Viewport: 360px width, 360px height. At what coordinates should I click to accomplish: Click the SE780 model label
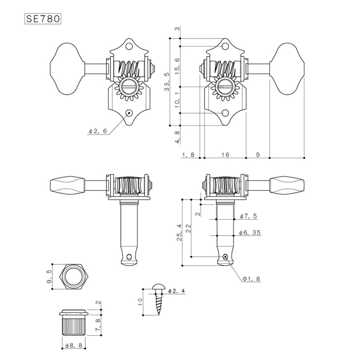click(x=43, y=19)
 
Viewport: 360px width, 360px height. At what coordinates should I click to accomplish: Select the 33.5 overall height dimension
click(x=167, y=82)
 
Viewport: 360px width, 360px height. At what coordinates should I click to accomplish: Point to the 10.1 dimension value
click(x=177, y=100)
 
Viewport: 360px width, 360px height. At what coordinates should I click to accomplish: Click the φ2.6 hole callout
click(x=98, y=131)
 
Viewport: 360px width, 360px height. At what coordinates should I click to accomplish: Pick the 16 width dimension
click(x=225, y=155)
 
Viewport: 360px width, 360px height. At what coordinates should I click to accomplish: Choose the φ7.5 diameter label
click(x=248, y=217)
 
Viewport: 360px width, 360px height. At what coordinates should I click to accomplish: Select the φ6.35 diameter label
click(x=250, y=233)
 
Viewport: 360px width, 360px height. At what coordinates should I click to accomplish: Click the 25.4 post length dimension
click(x=179, y=232)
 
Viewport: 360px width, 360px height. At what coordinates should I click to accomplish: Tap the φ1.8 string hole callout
click(x=251, y=279)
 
